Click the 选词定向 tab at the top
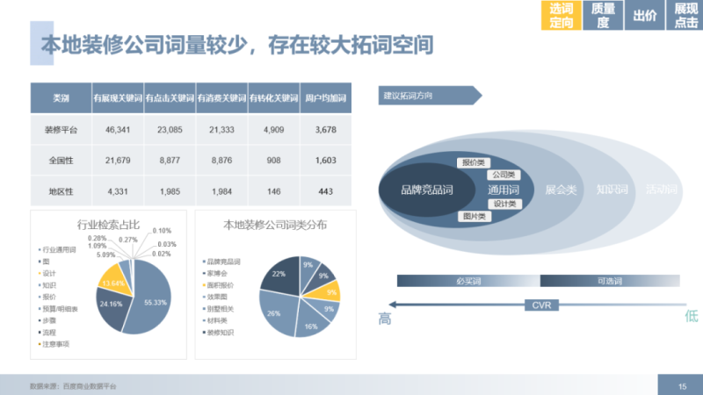point(561,16)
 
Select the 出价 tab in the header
point(644,16)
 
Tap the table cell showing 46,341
point(117,129)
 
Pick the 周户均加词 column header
point(324,97)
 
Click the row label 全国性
point(61,160)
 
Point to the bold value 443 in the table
point(324,190)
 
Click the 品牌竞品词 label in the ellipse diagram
point(426,189)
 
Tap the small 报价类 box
point(472,162)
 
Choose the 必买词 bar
point(467,281)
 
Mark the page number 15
point(682,386)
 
